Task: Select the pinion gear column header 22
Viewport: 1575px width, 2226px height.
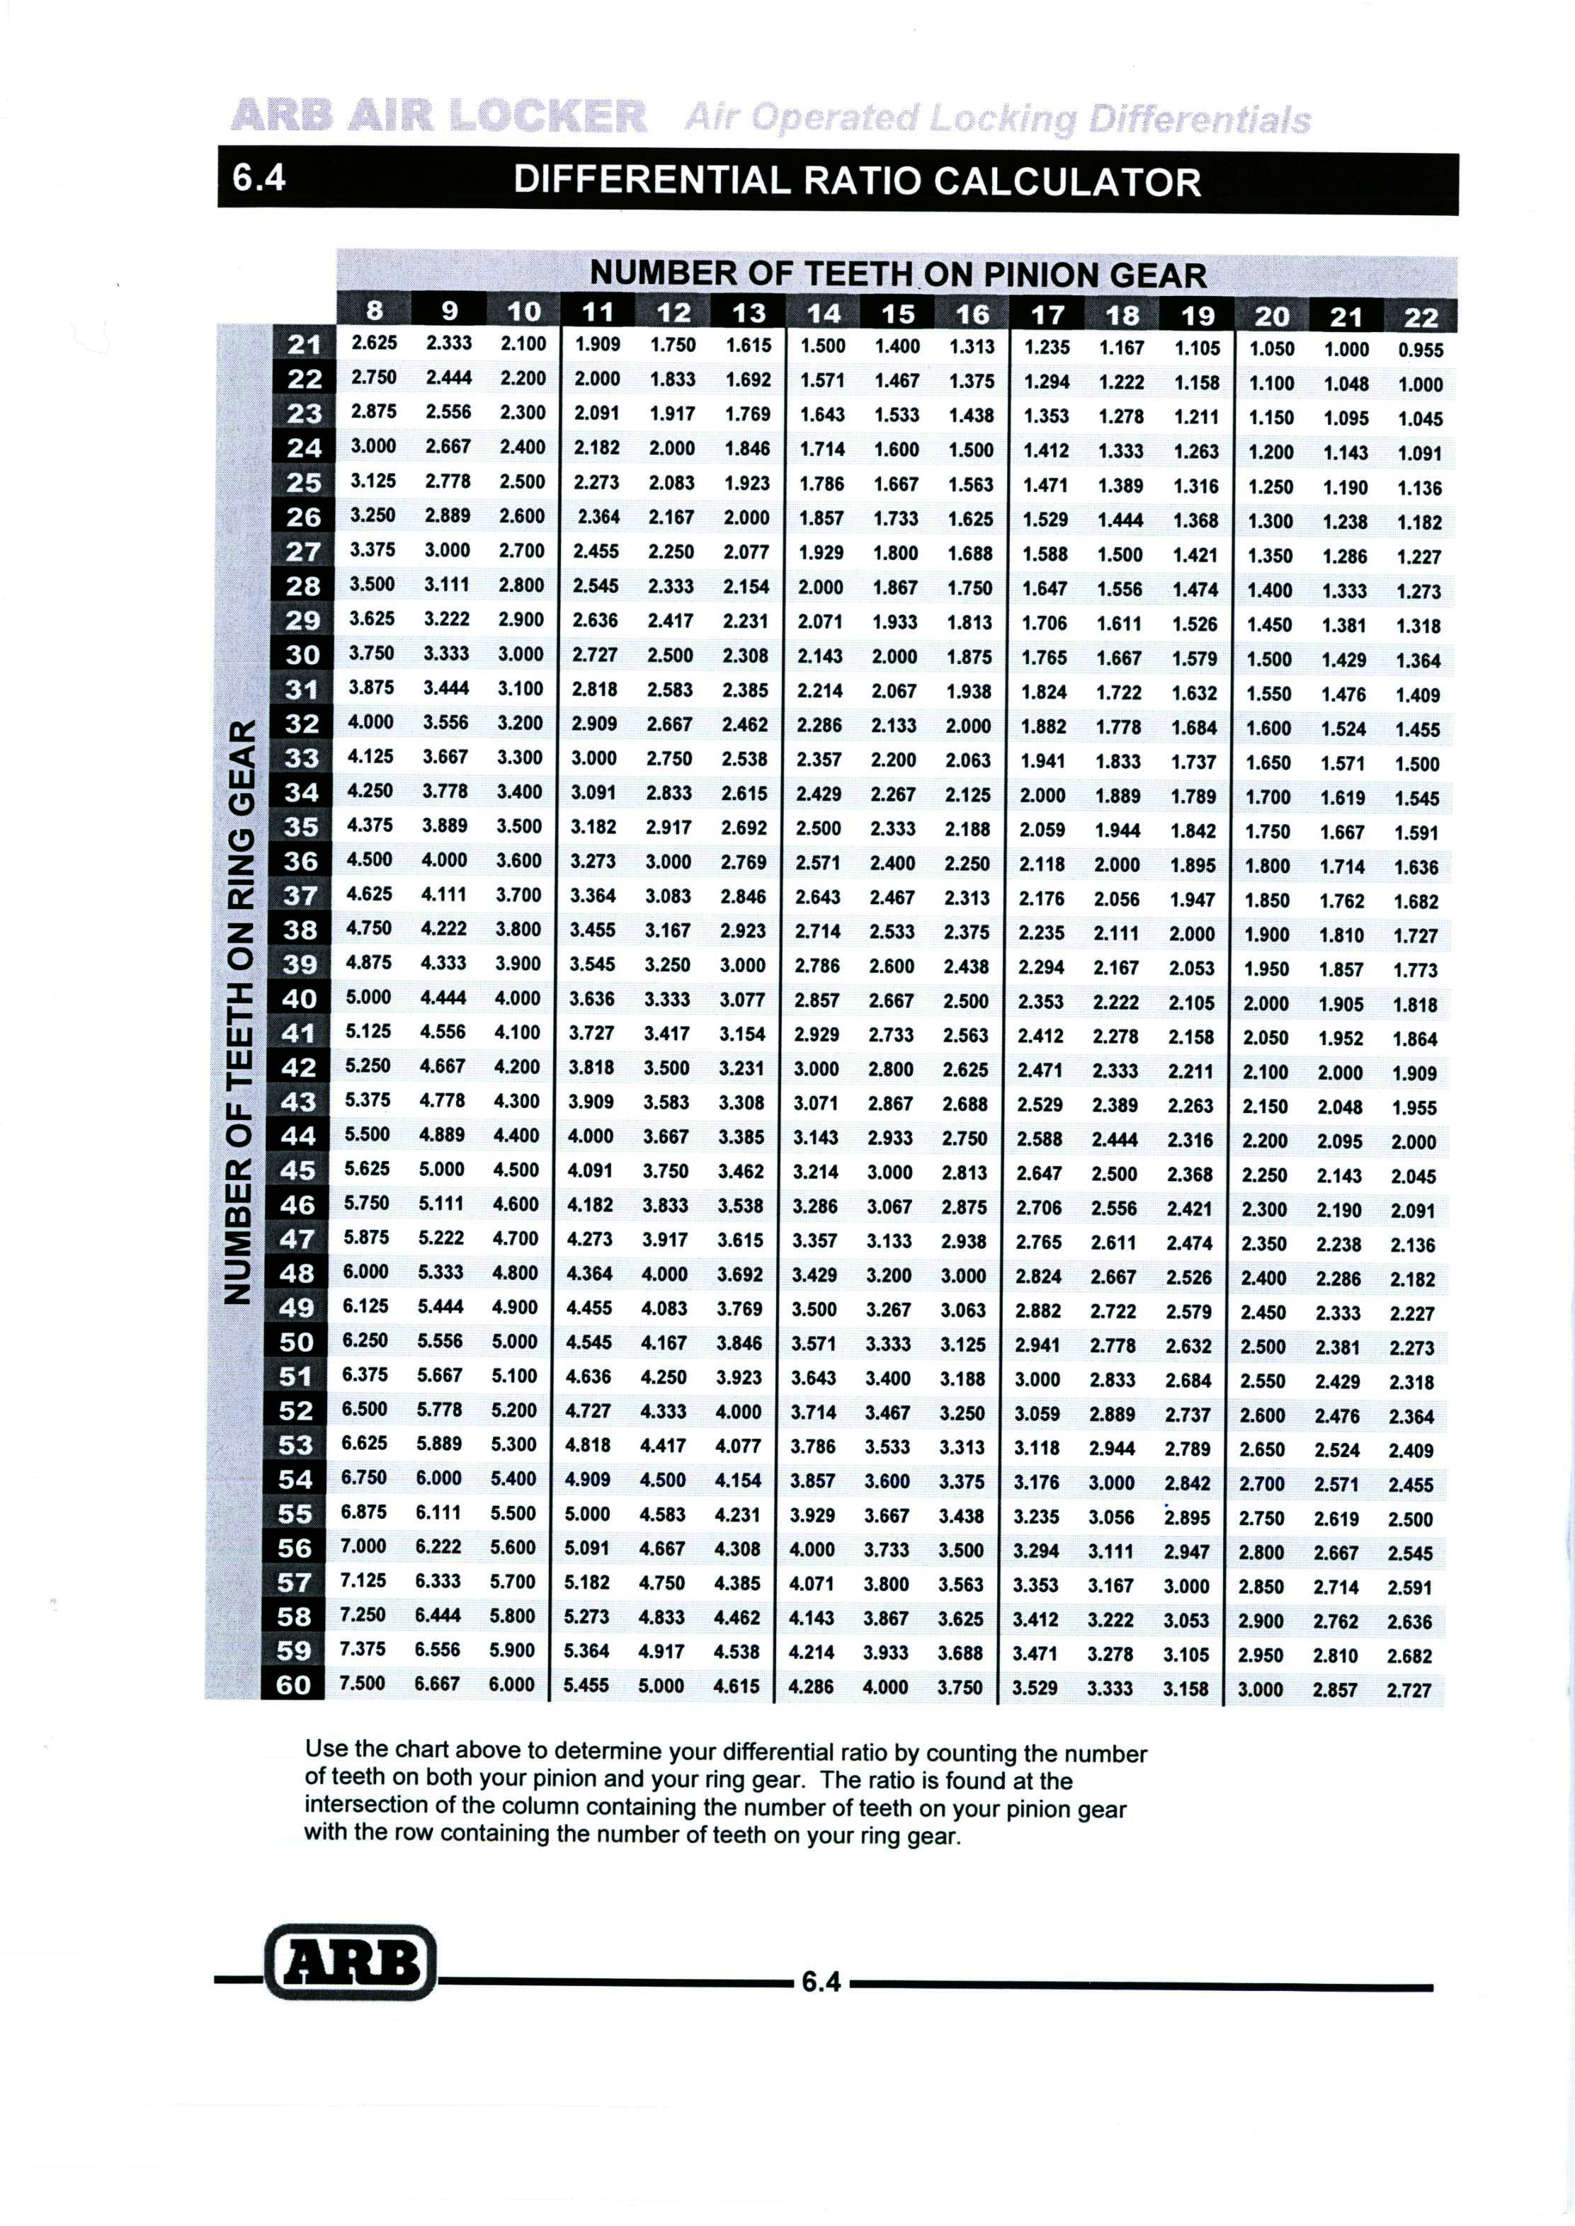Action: (1421, 317)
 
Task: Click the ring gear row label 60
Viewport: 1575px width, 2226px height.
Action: (294, 1685)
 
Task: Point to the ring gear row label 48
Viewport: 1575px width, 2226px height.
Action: (297, 1273)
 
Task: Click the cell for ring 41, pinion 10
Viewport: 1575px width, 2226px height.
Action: (517, 1032)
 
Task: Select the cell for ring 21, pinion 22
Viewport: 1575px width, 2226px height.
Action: (1421, 350)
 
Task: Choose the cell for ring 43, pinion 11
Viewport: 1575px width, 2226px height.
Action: (591, 1102)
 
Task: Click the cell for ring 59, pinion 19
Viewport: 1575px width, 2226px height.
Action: (1186, 1654)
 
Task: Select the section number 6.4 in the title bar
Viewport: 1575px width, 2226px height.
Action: (260, 178)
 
